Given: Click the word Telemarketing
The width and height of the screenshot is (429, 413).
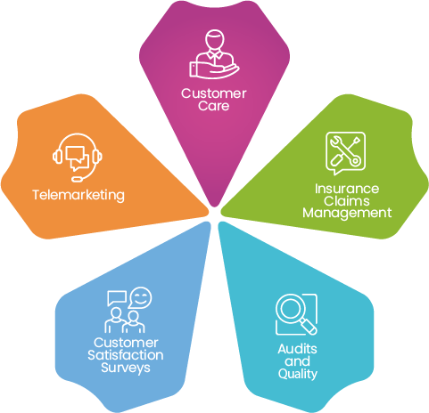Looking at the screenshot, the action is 78,196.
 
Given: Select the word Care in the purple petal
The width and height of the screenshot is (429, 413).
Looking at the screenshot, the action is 214,106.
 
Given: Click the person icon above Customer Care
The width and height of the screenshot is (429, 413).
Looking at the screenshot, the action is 214,54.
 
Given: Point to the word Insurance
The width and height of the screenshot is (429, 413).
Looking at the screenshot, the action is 347,189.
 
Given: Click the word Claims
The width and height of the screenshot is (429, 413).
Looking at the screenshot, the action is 347,201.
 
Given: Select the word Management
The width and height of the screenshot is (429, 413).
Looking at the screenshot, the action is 347,214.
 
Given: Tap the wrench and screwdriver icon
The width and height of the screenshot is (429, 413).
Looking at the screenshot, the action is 345,153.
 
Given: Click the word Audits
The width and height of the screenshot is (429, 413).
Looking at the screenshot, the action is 297,349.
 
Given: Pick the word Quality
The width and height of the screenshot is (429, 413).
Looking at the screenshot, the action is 298,374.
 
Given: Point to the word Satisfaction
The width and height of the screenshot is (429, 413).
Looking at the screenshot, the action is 126,355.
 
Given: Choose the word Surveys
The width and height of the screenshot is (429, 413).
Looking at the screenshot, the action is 126,368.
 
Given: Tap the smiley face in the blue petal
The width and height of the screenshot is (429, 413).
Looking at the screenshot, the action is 140,298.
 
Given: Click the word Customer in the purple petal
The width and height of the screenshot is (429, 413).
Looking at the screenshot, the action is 214,93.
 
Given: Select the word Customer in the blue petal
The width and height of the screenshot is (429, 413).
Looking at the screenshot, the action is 126,343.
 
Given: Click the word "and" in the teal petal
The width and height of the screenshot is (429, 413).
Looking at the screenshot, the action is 297,361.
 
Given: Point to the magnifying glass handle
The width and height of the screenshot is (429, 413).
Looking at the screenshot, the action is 309,327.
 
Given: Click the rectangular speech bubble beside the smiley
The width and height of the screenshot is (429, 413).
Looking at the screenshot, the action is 117,298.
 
